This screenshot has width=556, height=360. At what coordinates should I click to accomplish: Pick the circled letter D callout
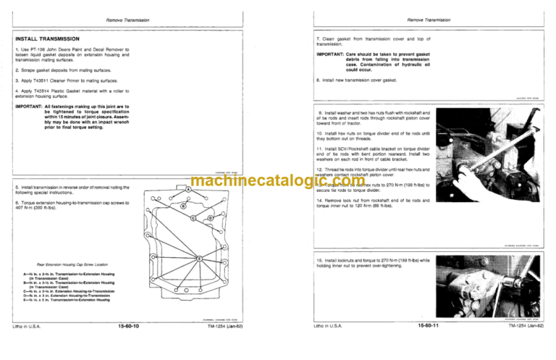click(x=209, y=219)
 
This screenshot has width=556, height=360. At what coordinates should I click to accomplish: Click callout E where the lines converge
click(x=201, y=259)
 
